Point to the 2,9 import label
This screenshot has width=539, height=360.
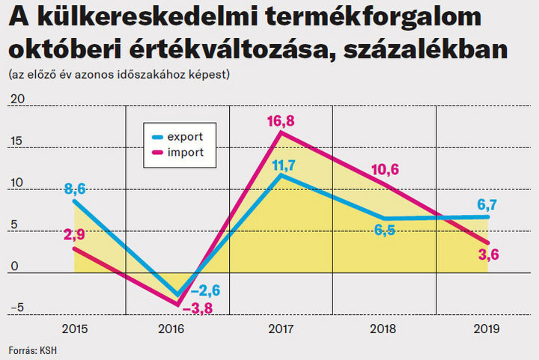point(74,234)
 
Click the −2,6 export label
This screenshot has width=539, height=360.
point(204,290)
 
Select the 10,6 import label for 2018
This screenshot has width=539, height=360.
point(385,168)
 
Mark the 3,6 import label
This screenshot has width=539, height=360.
point(489,254)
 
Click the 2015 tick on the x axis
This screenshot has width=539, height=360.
point(74,328)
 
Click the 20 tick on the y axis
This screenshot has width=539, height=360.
point(16,99)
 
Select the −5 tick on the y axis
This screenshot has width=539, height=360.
point(16,306)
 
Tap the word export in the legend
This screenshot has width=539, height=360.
point(184,137)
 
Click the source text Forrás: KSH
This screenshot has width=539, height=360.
point(32,350)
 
